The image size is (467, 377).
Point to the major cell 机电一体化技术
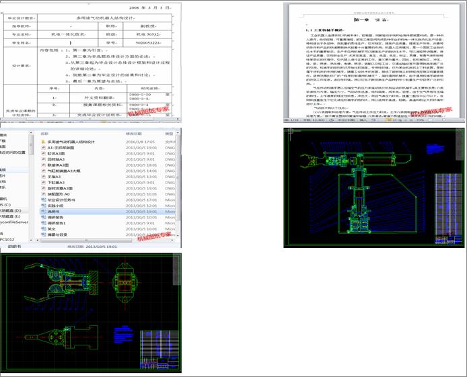point(75,34)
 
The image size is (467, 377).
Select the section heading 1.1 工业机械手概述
point(326,30)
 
